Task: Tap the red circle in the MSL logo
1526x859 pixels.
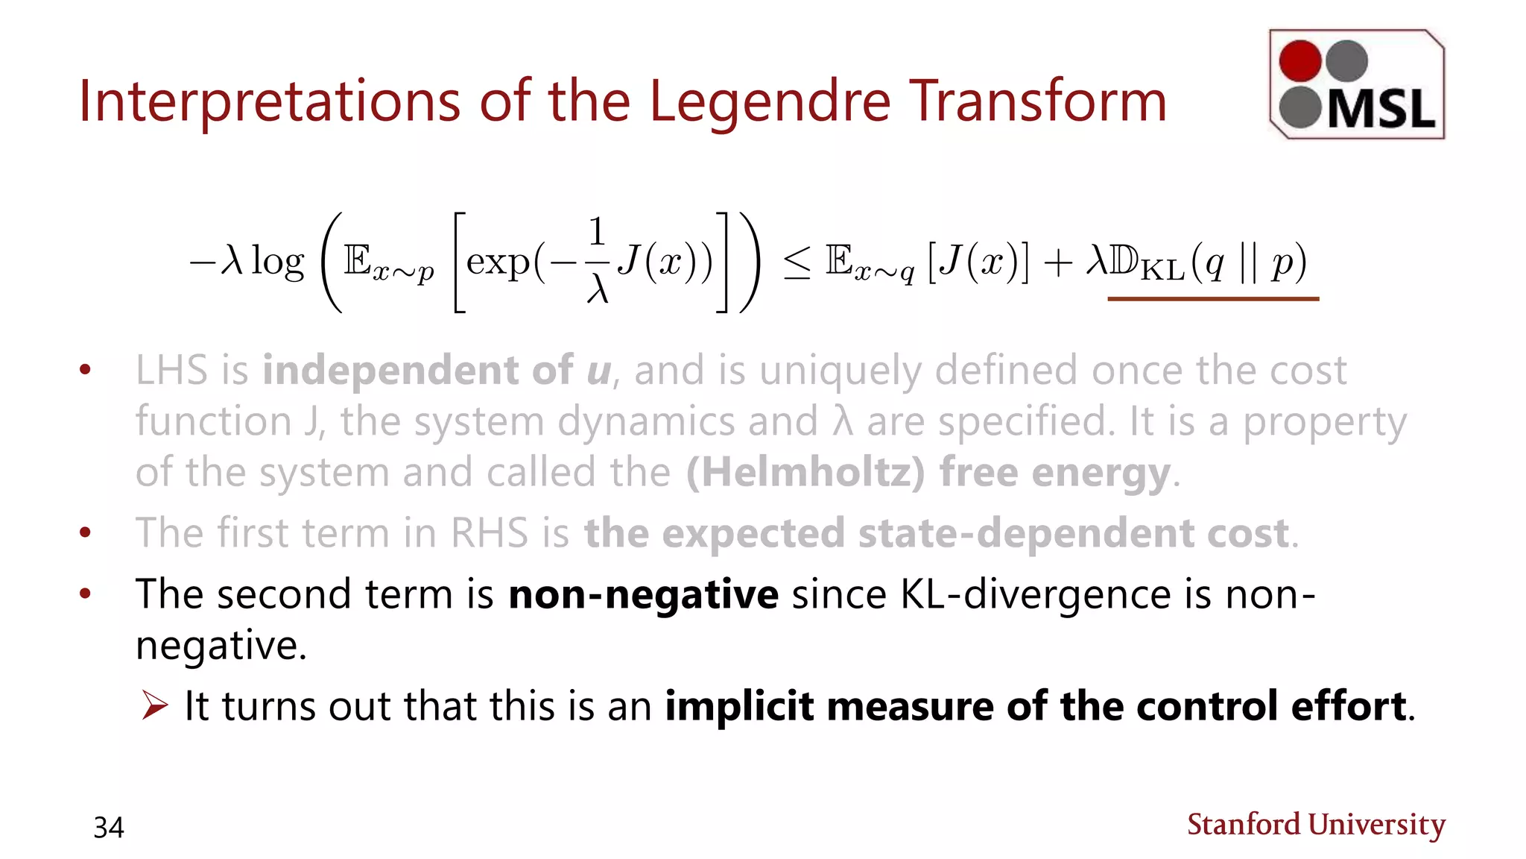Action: [x=1300, y=60]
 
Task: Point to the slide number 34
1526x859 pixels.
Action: [x=109, y=827]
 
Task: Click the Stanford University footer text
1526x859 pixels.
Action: [x=1316, y=824]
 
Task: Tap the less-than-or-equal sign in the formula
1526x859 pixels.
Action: [x=797, y=264]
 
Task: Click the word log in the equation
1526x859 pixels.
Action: [x=278, y=262]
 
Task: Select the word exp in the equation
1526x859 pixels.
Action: [x=498, y=262]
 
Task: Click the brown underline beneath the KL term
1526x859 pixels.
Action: [x=1213, y=298]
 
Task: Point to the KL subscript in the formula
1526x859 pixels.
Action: [x=1162, y=271]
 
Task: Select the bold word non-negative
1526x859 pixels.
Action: [x=643, y=595]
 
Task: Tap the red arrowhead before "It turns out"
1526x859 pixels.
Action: [x=155, y=705]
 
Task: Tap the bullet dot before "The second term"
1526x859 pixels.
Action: [x=86, y=594]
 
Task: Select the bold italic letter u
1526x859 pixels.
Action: [x=598, y=371]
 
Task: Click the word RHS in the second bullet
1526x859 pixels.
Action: [x=490, y=533]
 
